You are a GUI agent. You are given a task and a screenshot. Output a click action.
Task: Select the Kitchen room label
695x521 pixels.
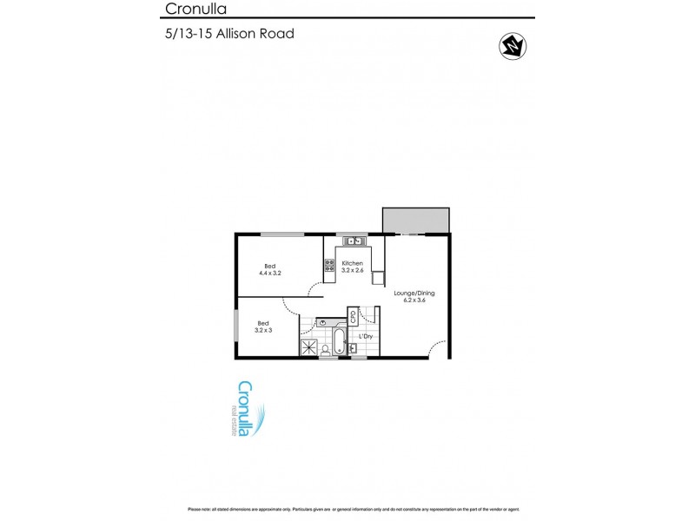(352, 263)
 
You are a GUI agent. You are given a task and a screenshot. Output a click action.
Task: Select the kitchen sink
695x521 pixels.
(353, 241)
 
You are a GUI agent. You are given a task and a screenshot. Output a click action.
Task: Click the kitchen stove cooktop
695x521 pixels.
(330, 267)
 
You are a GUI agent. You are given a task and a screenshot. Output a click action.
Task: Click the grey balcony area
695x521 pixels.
(416, 221)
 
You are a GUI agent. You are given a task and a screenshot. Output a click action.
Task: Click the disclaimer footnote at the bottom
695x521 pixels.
(347, 508)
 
